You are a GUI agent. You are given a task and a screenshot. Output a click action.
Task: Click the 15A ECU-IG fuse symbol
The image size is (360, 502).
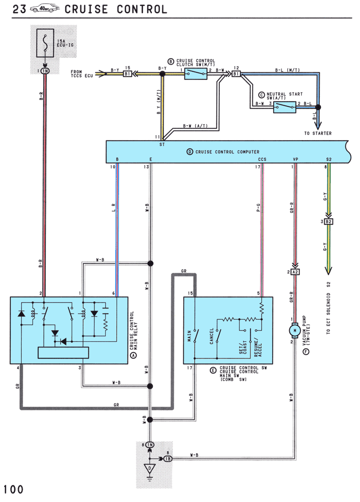pos(45,43)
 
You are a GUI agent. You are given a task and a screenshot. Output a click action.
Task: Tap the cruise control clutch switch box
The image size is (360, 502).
pos(196,74)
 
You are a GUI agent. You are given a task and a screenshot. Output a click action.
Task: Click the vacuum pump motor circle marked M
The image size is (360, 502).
pos(295,331)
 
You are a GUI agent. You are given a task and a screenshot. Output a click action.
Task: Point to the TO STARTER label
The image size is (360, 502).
pos(318,133)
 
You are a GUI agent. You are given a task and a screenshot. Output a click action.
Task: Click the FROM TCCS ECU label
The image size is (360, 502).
pos(82,74)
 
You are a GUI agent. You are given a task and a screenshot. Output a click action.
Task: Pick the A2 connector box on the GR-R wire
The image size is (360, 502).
pos(295,272)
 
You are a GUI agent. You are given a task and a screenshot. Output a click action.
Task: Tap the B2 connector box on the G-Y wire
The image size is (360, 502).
pos(329,221)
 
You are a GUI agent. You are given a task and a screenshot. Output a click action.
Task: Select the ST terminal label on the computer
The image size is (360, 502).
pos(162,145)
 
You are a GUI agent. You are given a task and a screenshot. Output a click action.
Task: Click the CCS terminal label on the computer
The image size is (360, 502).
pos(262,159)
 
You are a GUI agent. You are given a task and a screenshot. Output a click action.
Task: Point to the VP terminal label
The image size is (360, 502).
pos(295,159)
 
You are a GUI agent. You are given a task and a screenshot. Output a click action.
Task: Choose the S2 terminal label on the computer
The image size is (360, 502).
pos(329,159)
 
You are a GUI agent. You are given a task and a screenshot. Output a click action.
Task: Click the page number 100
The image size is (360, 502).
pos(13,490)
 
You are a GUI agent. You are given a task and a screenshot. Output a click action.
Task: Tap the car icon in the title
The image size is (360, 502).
pos(45,9)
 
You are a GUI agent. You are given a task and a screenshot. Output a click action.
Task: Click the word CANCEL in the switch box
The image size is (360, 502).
pos(211,336)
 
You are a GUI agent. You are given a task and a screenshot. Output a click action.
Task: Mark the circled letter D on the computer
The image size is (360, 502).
pos(190,152)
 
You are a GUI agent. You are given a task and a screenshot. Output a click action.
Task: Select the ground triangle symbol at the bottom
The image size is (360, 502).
pos(149,468)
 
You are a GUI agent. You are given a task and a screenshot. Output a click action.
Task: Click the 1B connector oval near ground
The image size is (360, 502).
pos(168,459)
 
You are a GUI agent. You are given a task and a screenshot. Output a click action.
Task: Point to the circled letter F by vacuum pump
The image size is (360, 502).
pos(306,352)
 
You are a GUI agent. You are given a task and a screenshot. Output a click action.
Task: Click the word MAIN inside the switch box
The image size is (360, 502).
pos(189,336)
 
